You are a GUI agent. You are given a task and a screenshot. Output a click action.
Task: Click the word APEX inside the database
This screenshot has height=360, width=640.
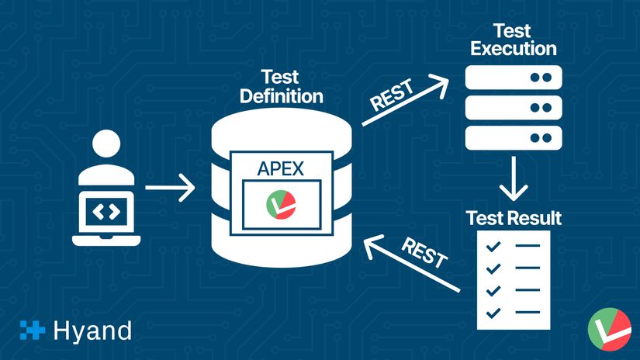coord(281,168)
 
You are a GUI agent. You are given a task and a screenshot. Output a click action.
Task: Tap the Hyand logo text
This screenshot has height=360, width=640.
coord(92,331)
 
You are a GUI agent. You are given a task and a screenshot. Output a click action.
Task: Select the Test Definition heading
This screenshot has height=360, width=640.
coord(281,88)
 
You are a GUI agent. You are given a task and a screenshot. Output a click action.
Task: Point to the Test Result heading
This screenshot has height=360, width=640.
coord(514,217)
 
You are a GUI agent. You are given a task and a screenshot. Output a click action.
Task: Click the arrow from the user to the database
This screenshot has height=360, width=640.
coord(170,187)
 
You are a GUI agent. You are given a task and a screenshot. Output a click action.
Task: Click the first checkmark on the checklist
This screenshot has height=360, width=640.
coord(491,247)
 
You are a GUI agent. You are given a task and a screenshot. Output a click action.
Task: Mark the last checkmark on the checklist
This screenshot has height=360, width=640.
coord(491,313)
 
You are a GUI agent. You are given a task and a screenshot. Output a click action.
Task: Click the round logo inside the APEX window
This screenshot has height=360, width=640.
coord(280,204)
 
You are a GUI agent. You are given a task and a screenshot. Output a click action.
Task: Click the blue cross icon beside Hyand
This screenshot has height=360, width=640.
coord(33,331)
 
